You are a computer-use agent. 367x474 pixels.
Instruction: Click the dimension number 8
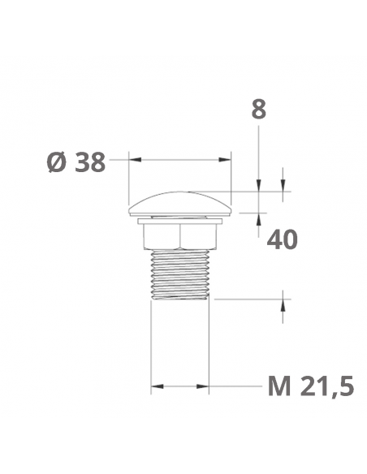[258, 110]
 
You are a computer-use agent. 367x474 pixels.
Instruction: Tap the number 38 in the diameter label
[89, 162]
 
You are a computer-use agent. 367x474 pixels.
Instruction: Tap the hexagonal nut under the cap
[180, 236]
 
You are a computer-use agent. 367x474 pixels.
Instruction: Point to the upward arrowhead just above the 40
[258, 216]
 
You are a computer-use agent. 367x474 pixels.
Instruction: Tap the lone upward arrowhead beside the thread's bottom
[283, 304]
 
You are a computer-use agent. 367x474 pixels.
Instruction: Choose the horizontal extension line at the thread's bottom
[244, 299]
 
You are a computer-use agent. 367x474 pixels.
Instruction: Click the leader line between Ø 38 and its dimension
[119, 161]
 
